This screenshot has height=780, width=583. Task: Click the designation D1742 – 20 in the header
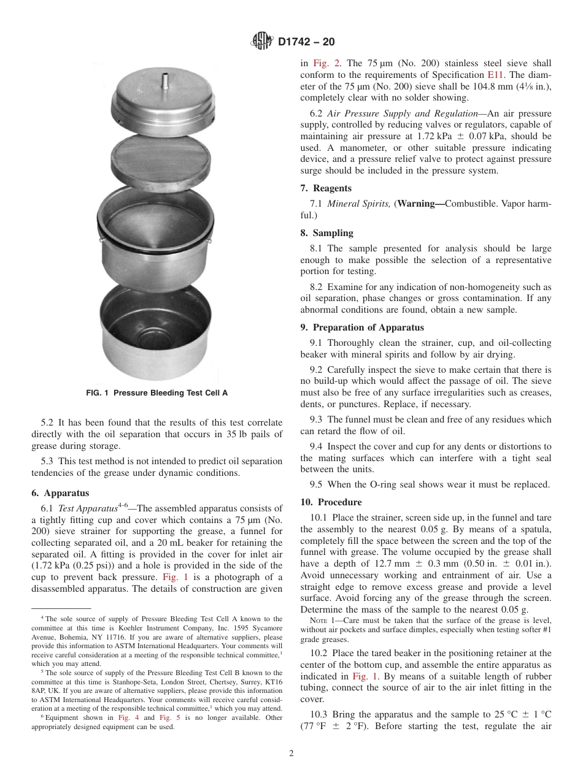[x=306, y=42]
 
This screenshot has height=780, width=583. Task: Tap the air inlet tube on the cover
[x=164, y=81]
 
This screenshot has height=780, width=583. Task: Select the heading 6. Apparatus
[x=60, y=493]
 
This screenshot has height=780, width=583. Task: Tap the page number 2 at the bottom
[x=291, y=754]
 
